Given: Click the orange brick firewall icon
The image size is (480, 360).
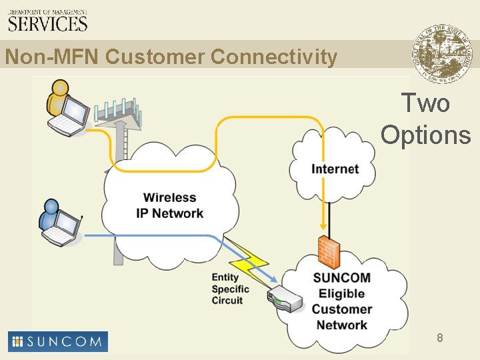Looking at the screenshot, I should (x=328, y=251).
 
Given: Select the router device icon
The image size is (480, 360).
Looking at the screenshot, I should (x=284, y=301).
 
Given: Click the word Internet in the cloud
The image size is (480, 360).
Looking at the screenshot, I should (x=335, y=169).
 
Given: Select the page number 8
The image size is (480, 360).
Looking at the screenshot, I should (x=440, y=338).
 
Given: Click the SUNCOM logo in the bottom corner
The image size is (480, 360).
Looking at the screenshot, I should (x=58, y=341).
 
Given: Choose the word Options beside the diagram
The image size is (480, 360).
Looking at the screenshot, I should (x=426, y=135).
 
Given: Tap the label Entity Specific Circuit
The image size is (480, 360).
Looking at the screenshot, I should (x=230, y=289).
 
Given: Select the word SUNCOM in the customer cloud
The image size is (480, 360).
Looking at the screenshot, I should (x=341, y=278).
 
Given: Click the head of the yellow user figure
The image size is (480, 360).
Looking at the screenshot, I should (x=60, y=87).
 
